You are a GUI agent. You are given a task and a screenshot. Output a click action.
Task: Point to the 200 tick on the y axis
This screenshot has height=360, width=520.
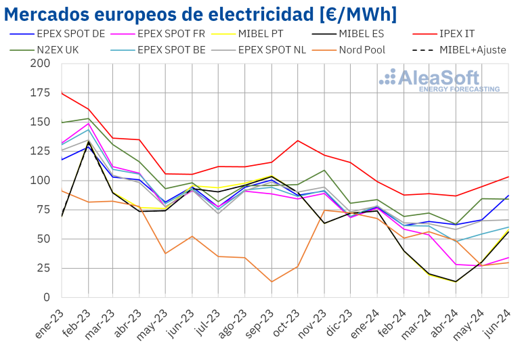[40, 64]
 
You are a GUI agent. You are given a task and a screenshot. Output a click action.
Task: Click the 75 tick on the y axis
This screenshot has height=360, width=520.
[43, 210]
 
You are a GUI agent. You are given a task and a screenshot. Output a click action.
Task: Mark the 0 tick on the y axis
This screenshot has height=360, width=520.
[47, 297]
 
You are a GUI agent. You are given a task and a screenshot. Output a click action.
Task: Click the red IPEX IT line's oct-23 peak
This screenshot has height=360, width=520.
[297, 141]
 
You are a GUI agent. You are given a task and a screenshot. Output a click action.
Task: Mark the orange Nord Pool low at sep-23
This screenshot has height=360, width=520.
[272, 282]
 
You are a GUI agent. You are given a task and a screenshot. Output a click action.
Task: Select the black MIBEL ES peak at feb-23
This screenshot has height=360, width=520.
[88, 142]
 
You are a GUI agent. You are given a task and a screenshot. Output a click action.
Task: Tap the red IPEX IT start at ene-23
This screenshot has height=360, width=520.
[62, 93]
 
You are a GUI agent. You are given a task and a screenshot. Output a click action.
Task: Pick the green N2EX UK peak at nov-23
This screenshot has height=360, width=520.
[324, 171]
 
